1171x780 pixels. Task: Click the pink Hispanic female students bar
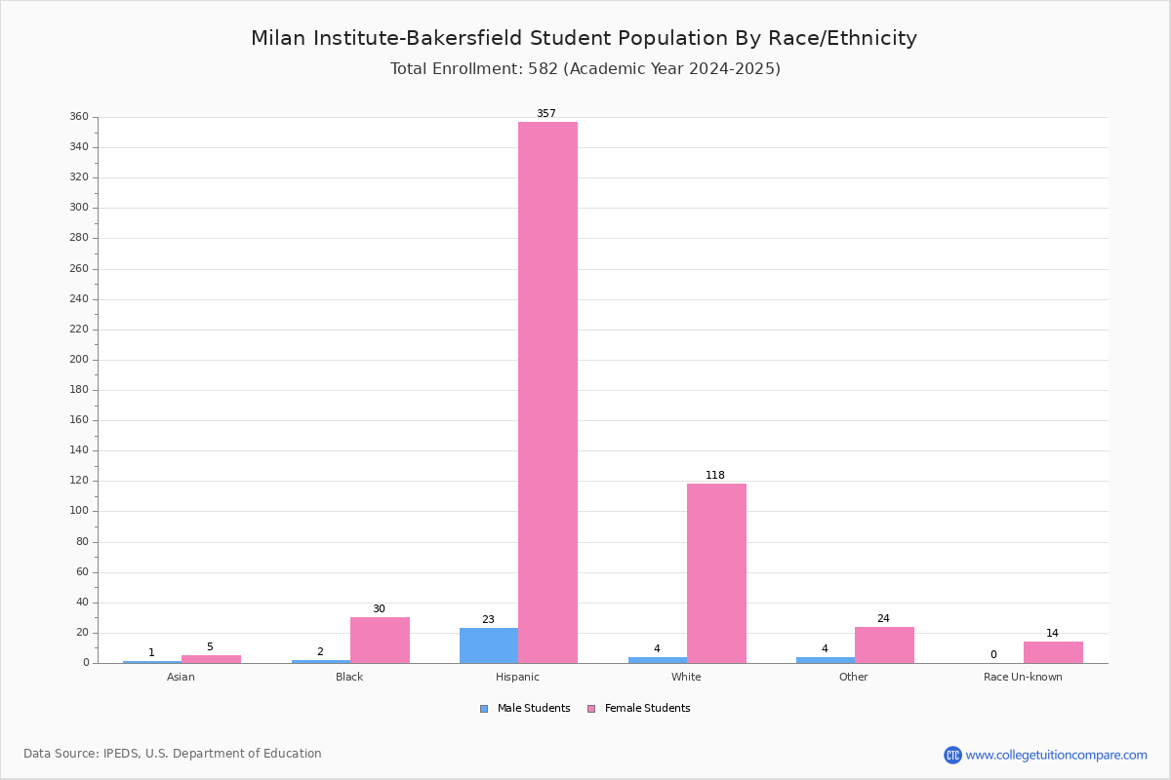click(x=547, y=392)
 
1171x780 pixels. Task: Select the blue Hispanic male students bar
click(x=489, y=645)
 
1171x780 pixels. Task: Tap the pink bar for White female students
click(x=716, y=573)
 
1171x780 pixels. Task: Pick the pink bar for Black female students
click(x=380, y=641)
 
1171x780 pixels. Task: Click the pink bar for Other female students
click(x=884, y=645)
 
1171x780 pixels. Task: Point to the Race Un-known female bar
click(x=1053, y=652)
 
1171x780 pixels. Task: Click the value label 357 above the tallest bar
click(x=546, y=113)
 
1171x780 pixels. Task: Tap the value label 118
click(x=715, y=475)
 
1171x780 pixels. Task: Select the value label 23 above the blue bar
click(x=488, y=619)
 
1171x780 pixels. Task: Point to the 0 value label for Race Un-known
click(x=993, y=654)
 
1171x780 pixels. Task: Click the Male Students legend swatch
click(x=484, y=709)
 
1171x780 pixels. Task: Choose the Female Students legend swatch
click(x=591, y=709)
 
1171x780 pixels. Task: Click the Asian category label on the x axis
click(x=181, y=677)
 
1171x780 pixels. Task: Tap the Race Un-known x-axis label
click(x=1023, y=677)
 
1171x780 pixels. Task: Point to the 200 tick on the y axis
click(x=79, y=360)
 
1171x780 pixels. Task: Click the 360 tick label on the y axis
click(x=79, y=116)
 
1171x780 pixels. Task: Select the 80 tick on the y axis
click(x=83, y=542)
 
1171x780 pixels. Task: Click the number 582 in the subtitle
click(x=544, y=68)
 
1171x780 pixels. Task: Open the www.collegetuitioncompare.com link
click(x=1056, y=755)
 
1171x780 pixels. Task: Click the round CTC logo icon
click(x=952, y=755)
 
